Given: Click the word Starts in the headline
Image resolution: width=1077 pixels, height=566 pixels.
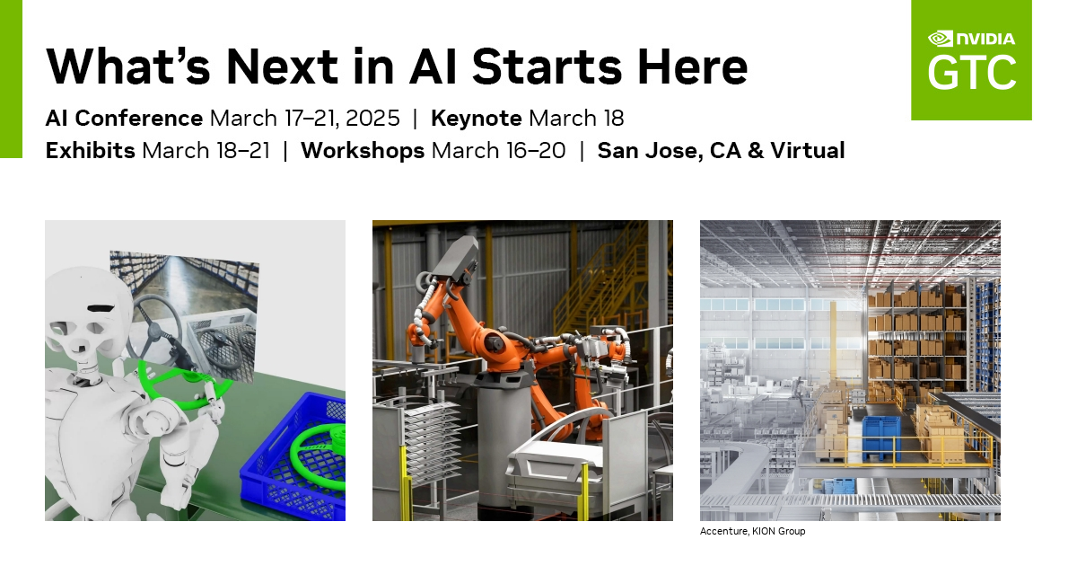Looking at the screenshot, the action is pos(547,66).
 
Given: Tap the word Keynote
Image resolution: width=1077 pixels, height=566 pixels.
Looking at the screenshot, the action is pos(476,119).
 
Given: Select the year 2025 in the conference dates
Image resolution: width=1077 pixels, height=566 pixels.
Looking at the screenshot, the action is pos(372,119).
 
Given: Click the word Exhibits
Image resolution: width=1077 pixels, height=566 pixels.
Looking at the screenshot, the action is pos(91,151).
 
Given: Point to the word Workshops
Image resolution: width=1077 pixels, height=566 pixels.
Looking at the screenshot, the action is pos(363,151).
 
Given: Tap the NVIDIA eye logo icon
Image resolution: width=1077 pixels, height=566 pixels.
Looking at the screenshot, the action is pos(941,39).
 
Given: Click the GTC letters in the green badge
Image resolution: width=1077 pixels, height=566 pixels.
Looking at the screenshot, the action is pos(972,72).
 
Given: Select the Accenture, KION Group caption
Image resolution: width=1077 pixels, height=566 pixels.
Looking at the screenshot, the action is pos(752,531).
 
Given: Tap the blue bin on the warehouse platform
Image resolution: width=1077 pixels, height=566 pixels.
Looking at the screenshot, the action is pos(880,438).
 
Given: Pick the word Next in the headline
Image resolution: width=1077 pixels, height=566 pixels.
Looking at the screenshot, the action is pos(282,66).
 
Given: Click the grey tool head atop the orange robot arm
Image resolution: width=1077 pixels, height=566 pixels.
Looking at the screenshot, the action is pos(457,258).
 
